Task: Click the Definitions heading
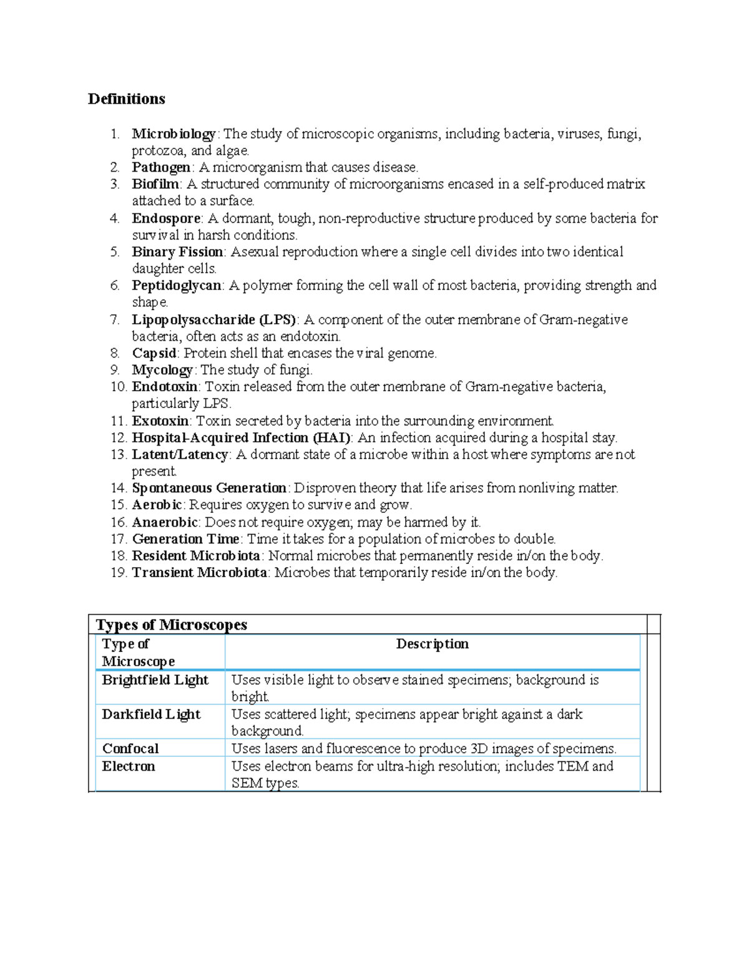pyautogui.click(x=126, y=99)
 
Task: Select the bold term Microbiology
pyautogui.click(x=174, y=134)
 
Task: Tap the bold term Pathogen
pyautogui.click(x=161, y=167)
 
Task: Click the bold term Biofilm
pyautogui.click(x=155, y=184)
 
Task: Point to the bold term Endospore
pyautogui.click(x=166, y=218)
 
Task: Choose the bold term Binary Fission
pyautogui.click(x=177, y=252)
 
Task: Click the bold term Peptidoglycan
pyautogui.click(x=177, y=286)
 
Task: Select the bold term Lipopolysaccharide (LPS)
pyautogui.click(x=213, y=319)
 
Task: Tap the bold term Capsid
pyautogui.click(x=154, y=353)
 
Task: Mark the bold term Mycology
pyautogui.click(x=162, y=370)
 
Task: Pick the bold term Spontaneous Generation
pyautogui.click(x=209, y=488)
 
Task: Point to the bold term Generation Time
pyautogui.click(x=185, y=539)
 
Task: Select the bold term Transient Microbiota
pyautogui.click(x=199, y=573)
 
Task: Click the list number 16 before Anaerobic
pyautogui.click(x=119, y=522)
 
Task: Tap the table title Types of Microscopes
pyautogui.click(x=171, y=625)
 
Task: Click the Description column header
pyautogui.click(x=432, y=644)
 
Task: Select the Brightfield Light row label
pyautogui.click(x=155, y=680)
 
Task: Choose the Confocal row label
pyautogui.click(x=130, y=749)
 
